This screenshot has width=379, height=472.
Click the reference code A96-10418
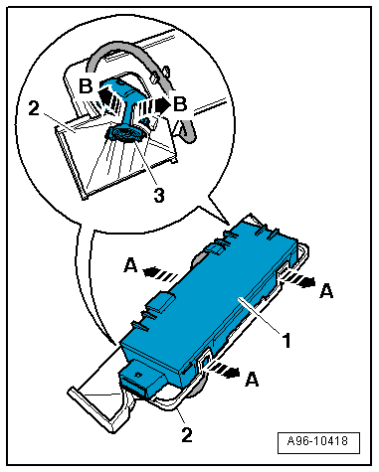[318, 441]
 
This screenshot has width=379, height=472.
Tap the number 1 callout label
[286, 340]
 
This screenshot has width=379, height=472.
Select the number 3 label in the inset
[159, 196]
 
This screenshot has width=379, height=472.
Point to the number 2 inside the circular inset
[34, 108]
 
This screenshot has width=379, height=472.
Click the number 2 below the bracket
[187, 434]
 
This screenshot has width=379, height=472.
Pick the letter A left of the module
[130, 266]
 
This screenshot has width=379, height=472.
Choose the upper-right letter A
[326, 291]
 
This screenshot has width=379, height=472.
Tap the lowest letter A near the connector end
[252, 379]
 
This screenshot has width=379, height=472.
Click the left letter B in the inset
[86, 86]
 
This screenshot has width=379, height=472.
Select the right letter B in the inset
[180, 104]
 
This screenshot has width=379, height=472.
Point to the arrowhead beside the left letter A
[150, 271]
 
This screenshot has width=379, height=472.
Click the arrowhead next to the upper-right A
[307, 282]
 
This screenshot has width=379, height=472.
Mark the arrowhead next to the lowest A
[232, 373]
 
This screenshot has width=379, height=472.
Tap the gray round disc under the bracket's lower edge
[198, 388]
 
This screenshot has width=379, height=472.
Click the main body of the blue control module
[212, 298]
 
